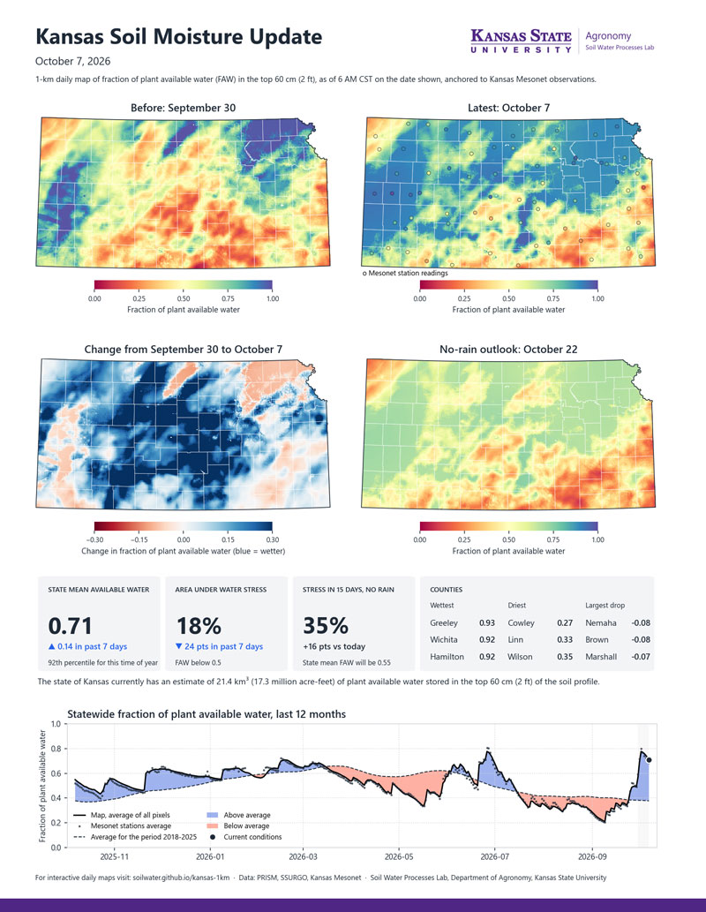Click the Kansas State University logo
(x=521, y=41)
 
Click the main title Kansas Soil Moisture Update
(x=178, y=37)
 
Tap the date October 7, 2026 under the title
(x=72, y=61)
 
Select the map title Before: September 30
(x=184, y=108)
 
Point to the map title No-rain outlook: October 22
(x=508, y=349)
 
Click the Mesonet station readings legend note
(x=405, y=273)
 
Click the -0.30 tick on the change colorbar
(x=94, y=539)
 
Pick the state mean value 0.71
(x=70, y=626)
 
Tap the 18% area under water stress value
(x=199, y=626)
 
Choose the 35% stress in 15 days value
(x=326, y=626)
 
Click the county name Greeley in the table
(x=444, y=623)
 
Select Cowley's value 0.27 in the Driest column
(x=565, y=623)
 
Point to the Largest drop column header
(x=605, y=605)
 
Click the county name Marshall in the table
(x=601, y=657)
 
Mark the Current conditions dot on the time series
(x=649, y=759)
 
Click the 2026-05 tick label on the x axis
(x=399, y=856)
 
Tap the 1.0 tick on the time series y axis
(x=56, y=724)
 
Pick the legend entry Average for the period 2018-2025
(x=136, y=837)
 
